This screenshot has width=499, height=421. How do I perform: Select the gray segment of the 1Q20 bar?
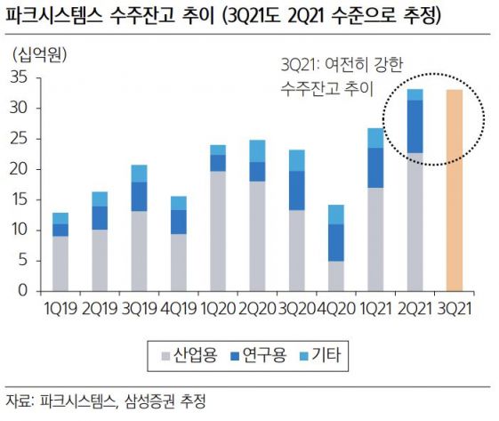pyautogui.click(x=217, y=231)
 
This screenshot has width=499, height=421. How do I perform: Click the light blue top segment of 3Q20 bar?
pyautogui.click(x=298, y=160)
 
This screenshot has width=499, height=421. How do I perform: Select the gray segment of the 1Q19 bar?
pyautogui.click(x=60, y=263)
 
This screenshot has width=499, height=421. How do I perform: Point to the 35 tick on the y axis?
pyautogui.click(x=21, y=78)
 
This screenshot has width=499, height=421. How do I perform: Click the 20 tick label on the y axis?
pyautogui.click(x=21, y=169)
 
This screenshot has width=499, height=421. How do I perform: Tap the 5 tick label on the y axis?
pyautogui.click(x=26, y=261)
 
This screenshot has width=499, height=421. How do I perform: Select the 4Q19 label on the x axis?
pyautogui.click(x=178, y=307)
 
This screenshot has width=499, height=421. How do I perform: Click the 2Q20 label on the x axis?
pyautogui.click(x=258, y=307)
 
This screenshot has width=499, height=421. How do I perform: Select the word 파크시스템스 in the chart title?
pyautogui.click(x=49, y=15)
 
